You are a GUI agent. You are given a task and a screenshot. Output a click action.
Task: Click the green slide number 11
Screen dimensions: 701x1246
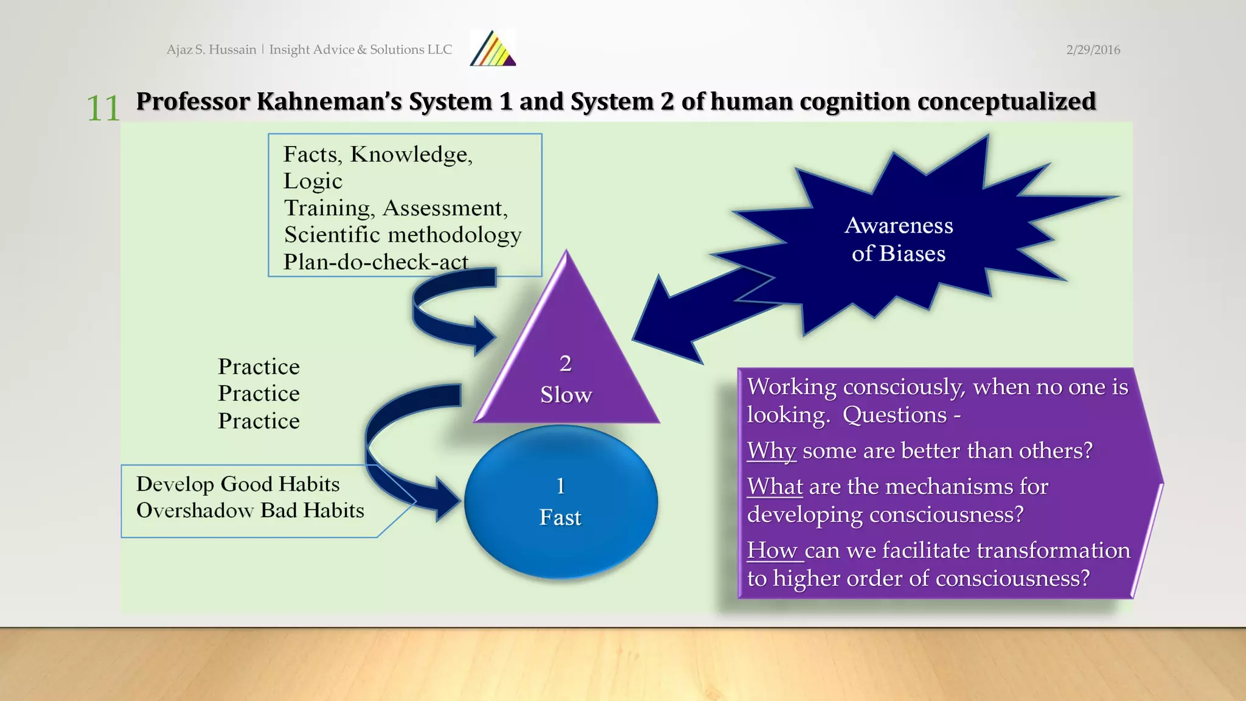point(103,109)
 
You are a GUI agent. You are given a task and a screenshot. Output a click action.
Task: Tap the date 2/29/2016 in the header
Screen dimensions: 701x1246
point(1093,50)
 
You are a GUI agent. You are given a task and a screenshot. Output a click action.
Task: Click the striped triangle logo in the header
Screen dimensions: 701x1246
point(493,49)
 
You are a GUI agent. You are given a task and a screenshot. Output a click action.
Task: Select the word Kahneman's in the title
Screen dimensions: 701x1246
point(329,102)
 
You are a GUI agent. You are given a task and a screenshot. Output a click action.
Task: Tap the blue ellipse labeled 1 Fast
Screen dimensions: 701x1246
point(560,502)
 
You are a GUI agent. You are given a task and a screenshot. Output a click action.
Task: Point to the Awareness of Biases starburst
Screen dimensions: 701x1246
point(899,239)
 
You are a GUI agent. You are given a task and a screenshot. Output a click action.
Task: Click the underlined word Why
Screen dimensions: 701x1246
point(771,451)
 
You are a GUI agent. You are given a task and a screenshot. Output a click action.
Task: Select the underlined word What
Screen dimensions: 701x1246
point(775,487)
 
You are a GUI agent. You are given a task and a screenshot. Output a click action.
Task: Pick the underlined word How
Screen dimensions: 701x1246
point(773,551)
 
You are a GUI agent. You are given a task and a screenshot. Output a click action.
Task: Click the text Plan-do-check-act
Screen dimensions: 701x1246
point(375,262)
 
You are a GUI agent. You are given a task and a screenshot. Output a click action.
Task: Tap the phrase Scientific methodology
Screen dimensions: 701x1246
point(403,235)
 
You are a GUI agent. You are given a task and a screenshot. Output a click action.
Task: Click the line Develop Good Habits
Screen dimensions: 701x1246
point(238,484)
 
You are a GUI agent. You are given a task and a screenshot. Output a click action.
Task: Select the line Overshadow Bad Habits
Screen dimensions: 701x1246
point(250,511)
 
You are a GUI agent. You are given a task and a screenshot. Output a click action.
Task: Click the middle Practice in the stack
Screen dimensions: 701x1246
point(259,394)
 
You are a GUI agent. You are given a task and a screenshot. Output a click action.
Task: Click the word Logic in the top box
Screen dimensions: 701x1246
point(313,181)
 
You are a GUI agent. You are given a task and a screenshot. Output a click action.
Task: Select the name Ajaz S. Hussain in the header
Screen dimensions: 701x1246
point(211,50)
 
